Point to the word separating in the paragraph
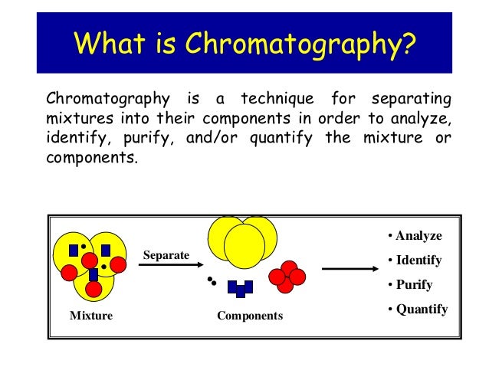pos(411,100)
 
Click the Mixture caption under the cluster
pos(90,315)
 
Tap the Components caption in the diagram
pos(250,316)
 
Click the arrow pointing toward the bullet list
pos(350,269)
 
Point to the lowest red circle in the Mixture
pos(94,290)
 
